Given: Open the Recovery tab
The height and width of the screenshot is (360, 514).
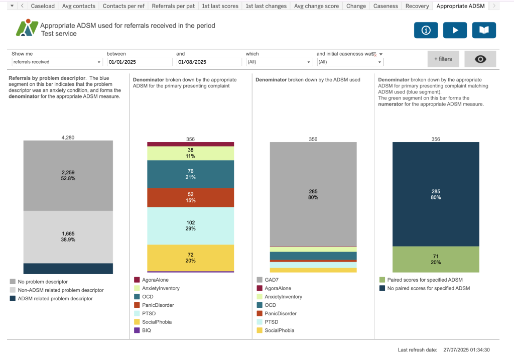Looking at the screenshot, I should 417,6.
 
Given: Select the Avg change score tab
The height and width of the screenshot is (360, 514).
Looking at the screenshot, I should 316,6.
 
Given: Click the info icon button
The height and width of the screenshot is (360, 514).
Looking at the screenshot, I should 426,30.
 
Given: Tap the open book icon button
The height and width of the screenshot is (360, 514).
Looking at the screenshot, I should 484,30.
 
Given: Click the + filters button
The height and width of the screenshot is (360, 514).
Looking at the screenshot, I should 443,59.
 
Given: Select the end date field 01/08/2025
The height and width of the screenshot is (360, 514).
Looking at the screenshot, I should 209,62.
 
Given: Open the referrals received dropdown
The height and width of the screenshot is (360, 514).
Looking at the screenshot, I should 57,62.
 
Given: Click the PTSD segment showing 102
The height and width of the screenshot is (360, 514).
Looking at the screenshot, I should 191,225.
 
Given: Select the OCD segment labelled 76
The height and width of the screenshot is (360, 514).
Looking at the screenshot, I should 191,174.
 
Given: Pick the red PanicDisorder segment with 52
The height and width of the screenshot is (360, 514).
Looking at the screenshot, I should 191,197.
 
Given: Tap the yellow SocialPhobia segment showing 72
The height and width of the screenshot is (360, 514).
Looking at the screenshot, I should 191,258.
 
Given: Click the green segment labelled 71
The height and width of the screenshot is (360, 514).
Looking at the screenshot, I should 436,259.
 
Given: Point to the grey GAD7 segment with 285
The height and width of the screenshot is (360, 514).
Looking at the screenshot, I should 313,194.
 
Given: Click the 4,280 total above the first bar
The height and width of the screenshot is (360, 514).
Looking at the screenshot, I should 68,137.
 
